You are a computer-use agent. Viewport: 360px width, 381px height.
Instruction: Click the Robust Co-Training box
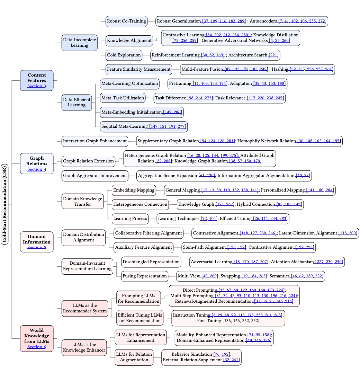(x=126, y=21)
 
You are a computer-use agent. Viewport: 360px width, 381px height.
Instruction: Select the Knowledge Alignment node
(x=129, y=41)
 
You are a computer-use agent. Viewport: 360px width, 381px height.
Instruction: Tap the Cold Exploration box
(x=124, y=55)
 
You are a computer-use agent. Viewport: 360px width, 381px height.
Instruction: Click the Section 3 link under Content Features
(x=37, y=86)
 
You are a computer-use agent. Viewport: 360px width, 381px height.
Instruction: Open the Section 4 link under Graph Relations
(x=37, y=169)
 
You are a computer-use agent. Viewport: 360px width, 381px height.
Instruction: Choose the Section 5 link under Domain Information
(x=37, y=247)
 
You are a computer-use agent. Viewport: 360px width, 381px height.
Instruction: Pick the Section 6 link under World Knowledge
(x=37, y=347)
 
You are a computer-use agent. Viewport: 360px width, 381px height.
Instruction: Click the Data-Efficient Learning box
(x=76, y=102)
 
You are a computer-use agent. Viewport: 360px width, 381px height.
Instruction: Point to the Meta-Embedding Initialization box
(x=141, y=112)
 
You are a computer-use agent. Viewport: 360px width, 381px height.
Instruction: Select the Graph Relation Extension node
(x=88, y=161)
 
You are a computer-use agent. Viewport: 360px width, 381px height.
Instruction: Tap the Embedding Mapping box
(x=134, y=190)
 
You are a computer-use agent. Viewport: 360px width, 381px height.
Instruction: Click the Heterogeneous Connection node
(x=140, y=204)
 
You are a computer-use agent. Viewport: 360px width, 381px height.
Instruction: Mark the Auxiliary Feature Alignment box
(x=143, y=247)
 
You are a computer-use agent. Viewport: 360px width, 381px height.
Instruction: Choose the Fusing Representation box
(x=144, y=276)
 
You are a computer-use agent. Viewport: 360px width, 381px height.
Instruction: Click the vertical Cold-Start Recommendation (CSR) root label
(x=4, y=204)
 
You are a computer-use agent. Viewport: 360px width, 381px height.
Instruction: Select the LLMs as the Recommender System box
(x=85, y=308)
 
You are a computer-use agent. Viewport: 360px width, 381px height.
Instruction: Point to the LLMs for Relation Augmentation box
(x=134, y=357)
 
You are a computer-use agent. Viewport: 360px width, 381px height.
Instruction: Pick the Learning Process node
(x=130, y=219)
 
